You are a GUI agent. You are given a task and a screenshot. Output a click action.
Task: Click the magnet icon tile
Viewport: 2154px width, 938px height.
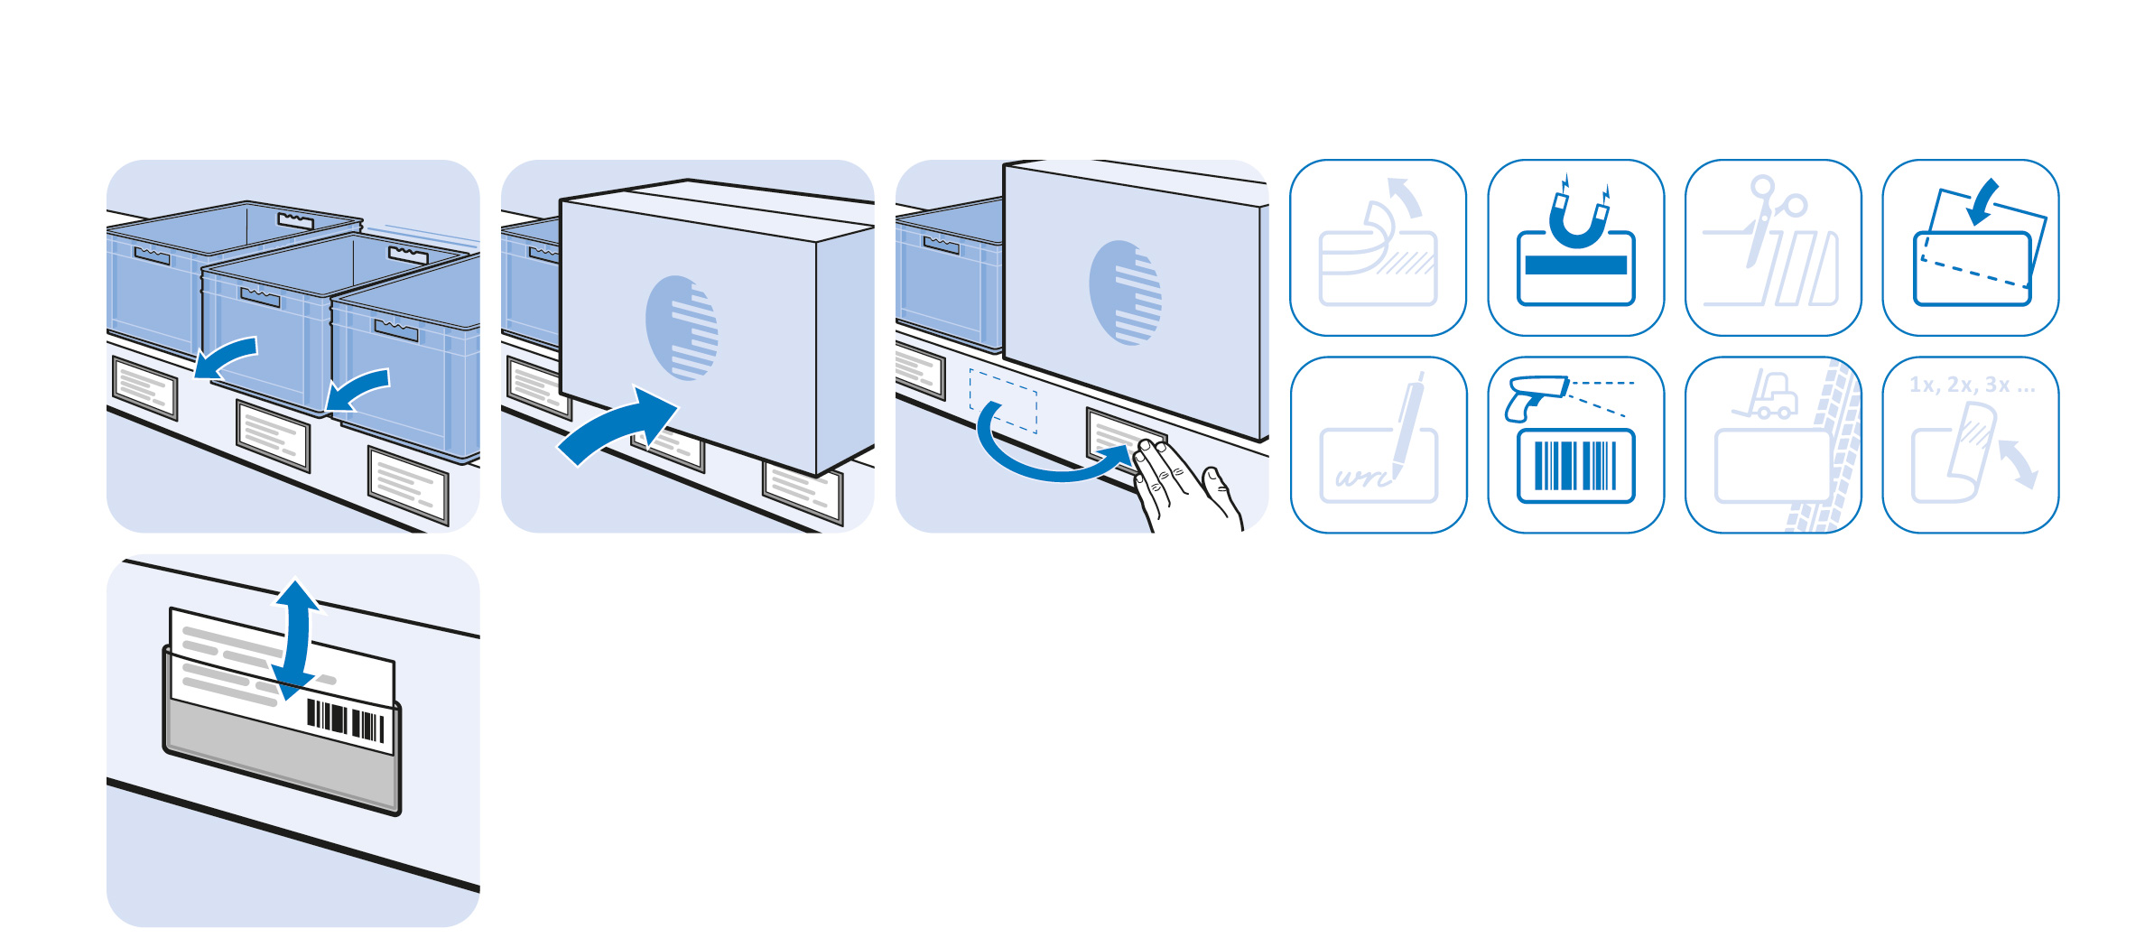1575,247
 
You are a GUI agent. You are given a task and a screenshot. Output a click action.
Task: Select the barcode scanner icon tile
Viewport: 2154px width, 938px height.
1575,445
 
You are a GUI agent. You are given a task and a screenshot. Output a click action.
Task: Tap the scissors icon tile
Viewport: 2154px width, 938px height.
1773,247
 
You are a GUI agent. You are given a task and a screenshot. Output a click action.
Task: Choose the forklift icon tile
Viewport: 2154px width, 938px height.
1773,445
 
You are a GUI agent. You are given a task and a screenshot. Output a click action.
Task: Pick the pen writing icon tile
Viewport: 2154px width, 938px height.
1379,445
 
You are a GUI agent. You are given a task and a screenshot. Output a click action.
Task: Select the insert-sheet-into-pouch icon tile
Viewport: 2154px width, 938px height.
1971,247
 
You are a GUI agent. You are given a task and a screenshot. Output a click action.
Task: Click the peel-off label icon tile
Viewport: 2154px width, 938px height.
1379,247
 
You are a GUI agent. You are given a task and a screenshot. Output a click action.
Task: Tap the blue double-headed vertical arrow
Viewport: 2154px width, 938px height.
294,641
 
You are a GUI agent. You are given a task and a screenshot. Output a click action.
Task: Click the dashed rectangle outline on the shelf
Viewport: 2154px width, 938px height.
1002,401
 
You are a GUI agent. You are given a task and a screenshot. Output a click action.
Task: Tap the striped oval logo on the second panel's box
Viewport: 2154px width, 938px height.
682,327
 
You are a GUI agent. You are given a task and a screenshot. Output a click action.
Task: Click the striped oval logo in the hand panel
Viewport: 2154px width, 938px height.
1125,293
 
